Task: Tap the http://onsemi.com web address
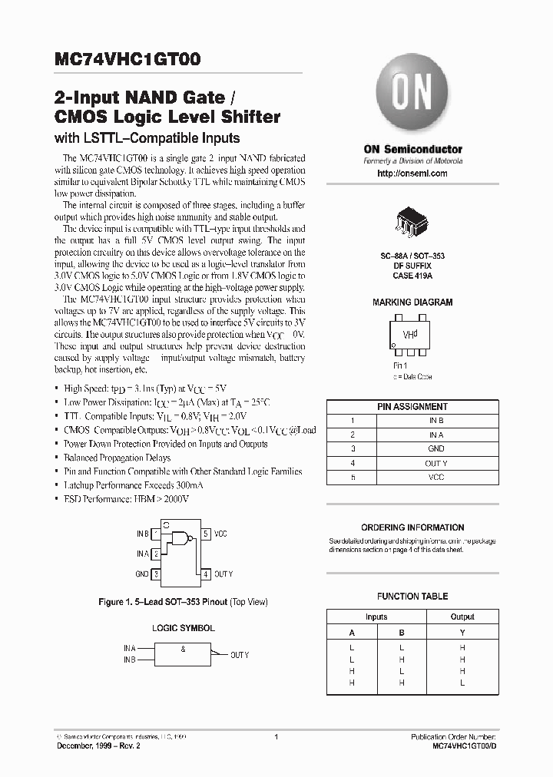(x=412, y=174)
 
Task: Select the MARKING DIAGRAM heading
(x=412, y=303)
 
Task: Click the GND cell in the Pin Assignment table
(x=435, y=449)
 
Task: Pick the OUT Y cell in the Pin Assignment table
(x=435, y=463)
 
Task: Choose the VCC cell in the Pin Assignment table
(x=435, y=477)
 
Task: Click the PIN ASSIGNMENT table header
(x=412, y=407)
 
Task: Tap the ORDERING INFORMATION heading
(x=412, y=527)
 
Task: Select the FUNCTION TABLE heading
(x=412, y=597)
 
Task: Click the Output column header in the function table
(x=462, y=617)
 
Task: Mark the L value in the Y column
(x=462, y=683)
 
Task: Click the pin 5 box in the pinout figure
(x=205, y=534)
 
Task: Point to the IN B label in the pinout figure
(x=143, y=534)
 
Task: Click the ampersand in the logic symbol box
(x=183, y=649)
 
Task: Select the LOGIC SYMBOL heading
(x=183, y=628)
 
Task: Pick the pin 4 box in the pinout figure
(x=205, y=574)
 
